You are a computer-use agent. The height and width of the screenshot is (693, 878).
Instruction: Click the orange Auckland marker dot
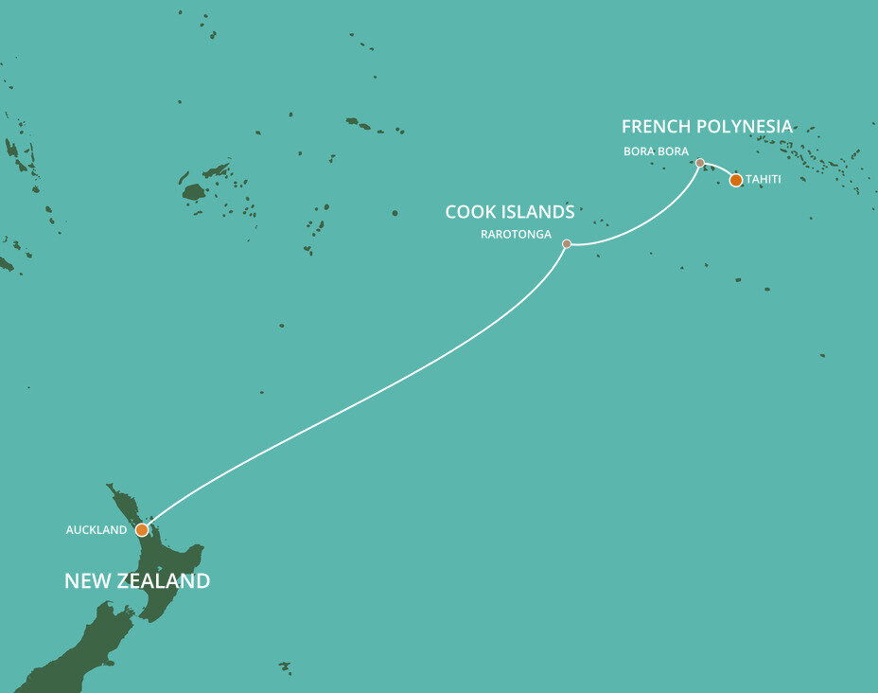pyautogui.click(x=142, y=530)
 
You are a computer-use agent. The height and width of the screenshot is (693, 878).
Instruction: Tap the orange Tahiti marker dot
pyautogui.click(x=736, y=180)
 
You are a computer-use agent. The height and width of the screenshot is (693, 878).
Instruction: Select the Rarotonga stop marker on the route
pyautogui.click(x=567, y=243)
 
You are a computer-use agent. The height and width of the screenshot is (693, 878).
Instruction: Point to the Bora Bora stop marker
pyautogui.click(x=700, y=163)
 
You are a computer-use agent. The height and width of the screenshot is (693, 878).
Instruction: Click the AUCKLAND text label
pyautogui.click(x=96, y=530)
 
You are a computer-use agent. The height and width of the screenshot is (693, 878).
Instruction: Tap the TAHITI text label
pyautogui.click(x=764, y=179)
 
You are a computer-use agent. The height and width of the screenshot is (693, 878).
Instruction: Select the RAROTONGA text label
pyautogui.click(x=516, y=234)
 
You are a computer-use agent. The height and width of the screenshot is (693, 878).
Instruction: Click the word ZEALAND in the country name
pyautogui.click(x=159, y=581)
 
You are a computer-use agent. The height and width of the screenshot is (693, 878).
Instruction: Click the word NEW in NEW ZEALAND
pyautogui.click(x=83, y=581)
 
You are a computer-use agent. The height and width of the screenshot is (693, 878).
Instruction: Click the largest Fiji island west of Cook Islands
pyautogui.click(x=194, y=192)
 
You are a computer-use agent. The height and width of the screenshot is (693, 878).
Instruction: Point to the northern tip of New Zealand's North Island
pyautogui.click(x=110, y=488)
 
